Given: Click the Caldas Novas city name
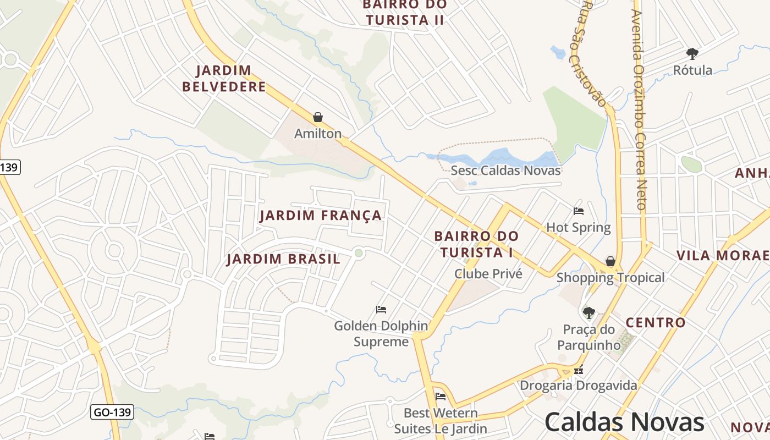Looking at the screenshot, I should point(624,422).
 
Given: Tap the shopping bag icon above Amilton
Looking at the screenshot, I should point(317,117).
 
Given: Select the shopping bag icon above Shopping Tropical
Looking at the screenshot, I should point(610,261).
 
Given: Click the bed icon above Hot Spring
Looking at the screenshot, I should point(578,211).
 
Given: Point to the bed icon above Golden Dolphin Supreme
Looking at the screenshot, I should point(381,310).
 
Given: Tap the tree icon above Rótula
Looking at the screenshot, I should point(692,54).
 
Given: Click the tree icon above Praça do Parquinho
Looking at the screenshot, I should point(588,313).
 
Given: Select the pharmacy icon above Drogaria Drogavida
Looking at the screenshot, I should point(578,370).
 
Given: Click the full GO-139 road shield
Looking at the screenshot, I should point(112,412).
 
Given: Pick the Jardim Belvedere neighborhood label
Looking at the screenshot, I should point(224,79).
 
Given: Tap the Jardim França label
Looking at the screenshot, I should point(321,216).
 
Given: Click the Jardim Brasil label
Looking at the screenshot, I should point(283,259).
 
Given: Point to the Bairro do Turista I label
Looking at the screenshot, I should point(476,244).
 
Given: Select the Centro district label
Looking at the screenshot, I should point(656,323).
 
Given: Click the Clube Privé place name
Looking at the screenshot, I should point(488,273).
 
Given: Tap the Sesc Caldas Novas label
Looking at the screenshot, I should point(505,170).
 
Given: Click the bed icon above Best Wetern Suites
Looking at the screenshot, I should point(440,397).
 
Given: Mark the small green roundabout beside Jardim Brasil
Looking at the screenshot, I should point(359,253).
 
